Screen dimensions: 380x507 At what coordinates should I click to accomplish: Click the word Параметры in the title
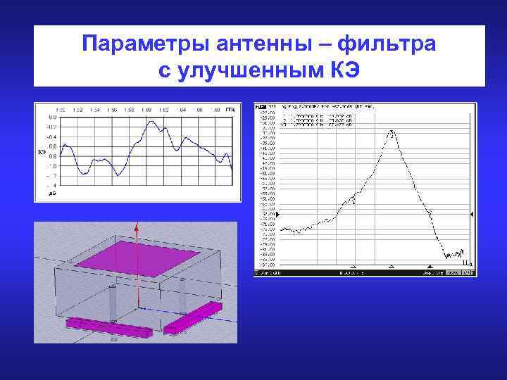[x=131, y=45]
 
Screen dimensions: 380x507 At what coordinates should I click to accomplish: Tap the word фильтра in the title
[x=389, y=45]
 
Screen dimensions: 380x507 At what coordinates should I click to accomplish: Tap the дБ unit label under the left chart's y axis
[x=51, y=192]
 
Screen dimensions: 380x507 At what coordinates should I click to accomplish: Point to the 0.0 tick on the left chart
[x=52, y=117]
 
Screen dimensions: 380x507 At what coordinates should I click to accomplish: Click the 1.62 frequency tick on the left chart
[x=163, y=110]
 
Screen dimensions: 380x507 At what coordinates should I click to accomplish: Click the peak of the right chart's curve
[x=391, y=131]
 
